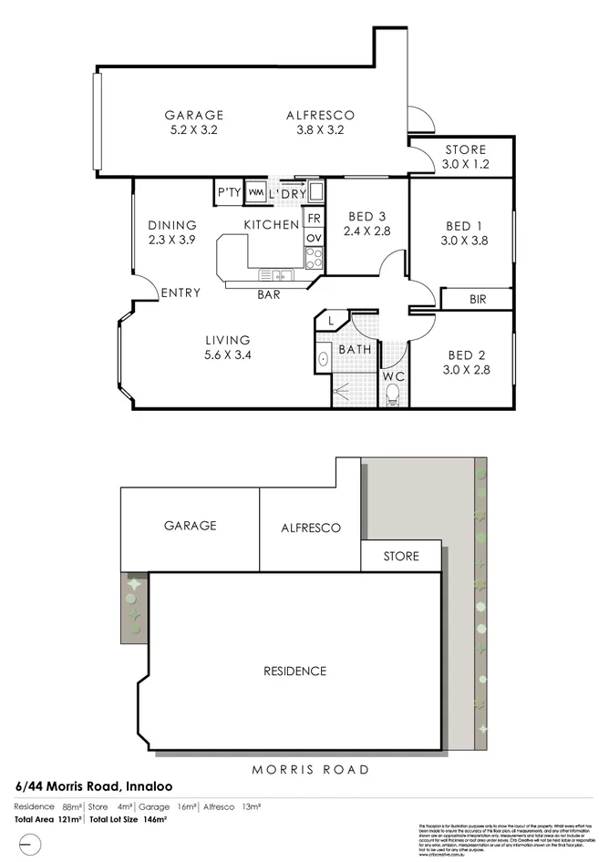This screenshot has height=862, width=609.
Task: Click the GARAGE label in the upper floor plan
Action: coord(193,115)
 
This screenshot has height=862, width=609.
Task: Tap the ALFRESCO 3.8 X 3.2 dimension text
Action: coord(319,130)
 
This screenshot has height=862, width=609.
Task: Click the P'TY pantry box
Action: coord(227,193)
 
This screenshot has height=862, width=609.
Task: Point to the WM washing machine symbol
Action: coord(255,193)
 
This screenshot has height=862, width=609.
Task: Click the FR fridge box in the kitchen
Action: coord(314,219)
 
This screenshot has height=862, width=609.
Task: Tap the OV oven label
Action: coord(314,238)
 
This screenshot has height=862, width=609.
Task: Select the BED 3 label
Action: coord(367,216)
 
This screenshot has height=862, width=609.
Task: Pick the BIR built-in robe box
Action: coord(477,299)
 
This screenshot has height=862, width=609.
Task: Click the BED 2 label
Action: coord(465,355)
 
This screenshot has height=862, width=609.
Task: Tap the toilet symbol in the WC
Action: coord(394,394)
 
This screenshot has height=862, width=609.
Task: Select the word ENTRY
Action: coord(181,292)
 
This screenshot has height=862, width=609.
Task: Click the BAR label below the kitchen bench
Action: coord(268,294)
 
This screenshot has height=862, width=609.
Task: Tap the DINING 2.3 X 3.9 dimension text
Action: coord(171,241)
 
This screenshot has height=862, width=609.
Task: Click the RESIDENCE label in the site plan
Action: coord(294,672)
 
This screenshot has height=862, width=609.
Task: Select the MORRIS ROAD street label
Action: coord(311,769)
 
